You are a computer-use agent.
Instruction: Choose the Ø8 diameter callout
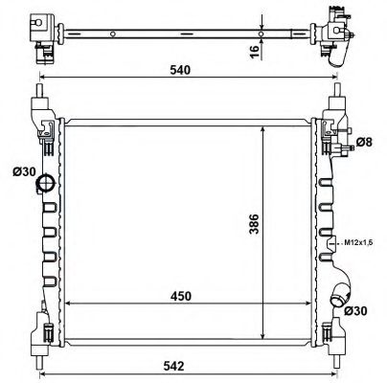coord(363,144)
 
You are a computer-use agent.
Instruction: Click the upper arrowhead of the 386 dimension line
coord(264,126)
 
